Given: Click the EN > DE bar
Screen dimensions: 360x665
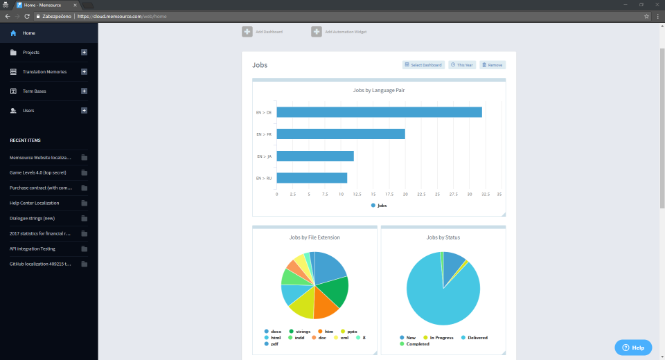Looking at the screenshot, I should coord(379,112).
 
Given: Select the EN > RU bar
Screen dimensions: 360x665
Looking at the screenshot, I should coord(312,178).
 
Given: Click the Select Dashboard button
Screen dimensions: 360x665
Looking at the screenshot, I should coord(423,65).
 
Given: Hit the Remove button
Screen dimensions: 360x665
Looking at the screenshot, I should coord(493,65).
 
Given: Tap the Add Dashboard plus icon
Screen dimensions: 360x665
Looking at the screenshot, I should coord(247,31).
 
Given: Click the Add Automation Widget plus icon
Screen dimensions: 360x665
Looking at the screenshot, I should coord(317,31).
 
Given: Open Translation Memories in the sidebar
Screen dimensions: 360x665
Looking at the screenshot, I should coord(44,72).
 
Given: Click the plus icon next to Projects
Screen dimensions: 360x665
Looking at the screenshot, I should coord(84,53).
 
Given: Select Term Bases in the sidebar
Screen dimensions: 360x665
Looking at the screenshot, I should coord(34,91).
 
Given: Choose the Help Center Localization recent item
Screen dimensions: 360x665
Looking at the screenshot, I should coord(34,203).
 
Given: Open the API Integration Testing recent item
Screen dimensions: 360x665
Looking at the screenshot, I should coord(33,249).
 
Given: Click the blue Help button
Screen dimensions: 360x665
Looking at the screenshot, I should coord(633,348).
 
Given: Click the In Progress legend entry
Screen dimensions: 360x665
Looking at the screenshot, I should coord(441,338).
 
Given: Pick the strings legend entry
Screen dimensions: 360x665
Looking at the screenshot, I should coord(302,332).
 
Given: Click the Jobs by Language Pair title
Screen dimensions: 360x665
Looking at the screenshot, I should coord(379,90).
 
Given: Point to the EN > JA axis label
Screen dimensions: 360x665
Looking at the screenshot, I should coord(264,156).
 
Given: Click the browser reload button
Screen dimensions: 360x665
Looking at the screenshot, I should coord(26,16).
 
